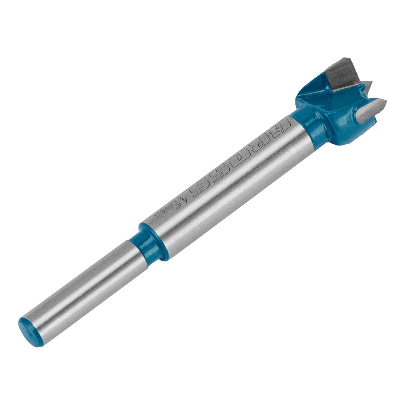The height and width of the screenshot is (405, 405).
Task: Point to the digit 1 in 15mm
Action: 180,200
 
